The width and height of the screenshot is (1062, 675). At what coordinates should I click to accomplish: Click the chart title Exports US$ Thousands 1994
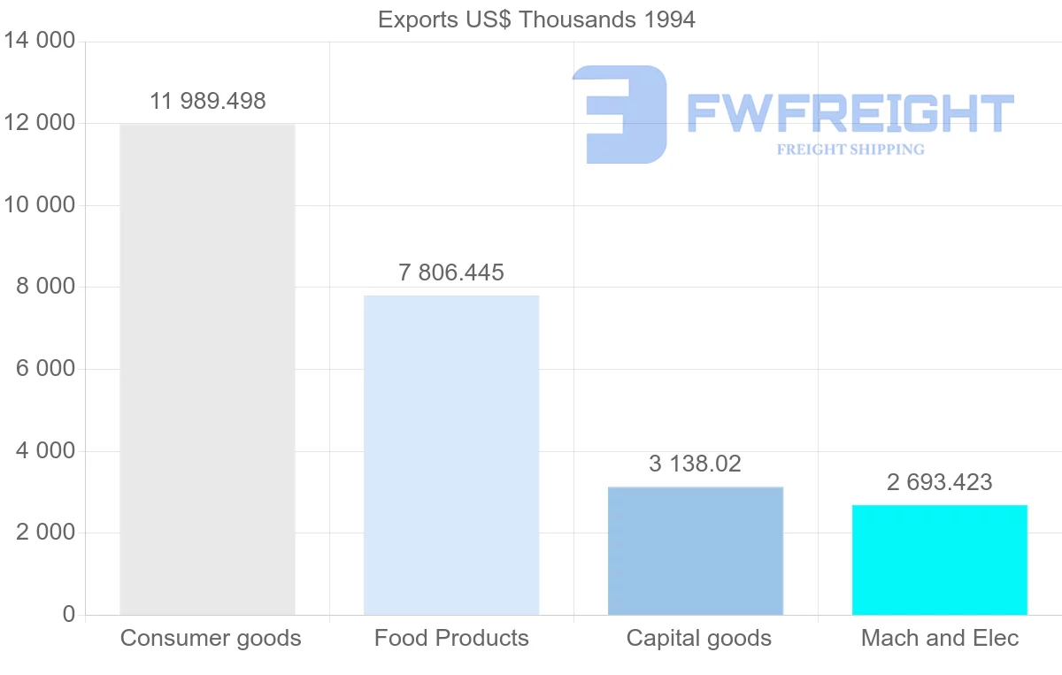click(x=536, y=19)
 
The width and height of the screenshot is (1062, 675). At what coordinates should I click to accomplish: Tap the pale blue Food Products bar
click(x=451, y=455)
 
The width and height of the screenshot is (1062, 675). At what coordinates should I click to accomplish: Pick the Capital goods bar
click(x=696, y=550)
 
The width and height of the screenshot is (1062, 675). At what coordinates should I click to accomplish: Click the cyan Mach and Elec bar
click(x=940, y=559)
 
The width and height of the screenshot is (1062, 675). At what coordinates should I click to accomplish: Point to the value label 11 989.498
click(x=207, y=101)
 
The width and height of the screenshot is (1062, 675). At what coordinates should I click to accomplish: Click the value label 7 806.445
click(x=451, y=272)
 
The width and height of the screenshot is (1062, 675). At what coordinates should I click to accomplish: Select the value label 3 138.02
click(x=696, y=464)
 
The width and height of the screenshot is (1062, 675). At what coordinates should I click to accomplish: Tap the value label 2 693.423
click(x=940, y=482)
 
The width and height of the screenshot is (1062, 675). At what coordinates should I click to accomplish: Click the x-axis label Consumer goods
click(x=211, y=638)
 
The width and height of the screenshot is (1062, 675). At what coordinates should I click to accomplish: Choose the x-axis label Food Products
click(x=451, y=638)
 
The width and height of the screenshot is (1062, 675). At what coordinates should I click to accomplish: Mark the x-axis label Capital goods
click(x=699, y=638)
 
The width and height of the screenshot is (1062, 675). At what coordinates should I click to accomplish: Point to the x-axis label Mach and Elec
click(x=940, y=638)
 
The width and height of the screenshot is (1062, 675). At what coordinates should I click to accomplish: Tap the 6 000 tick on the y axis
click(x=45, y=369)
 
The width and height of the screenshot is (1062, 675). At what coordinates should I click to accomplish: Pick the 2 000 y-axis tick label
click(x=45, y=533)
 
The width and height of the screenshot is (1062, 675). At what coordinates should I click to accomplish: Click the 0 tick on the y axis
click(x=69, y=615)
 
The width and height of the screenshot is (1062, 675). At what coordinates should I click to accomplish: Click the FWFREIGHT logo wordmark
click(x=850, y=113)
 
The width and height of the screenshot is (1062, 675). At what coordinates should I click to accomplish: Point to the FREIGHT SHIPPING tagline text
click(x=850, y=150)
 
